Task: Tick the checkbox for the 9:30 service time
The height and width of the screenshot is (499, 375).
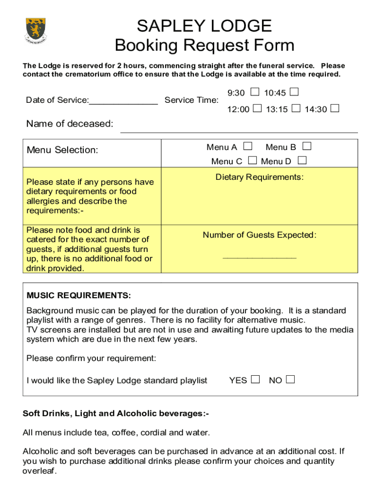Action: click(x=255, y=92)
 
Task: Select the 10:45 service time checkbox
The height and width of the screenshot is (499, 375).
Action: click(x=294, y=92)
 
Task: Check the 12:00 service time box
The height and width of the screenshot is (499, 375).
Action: click(x=257, y=108)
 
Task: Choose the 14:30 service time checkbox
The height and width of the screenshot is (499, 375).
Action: click(x=335, y=108)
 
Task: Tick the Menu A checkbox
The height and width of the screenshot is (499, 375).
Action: click(x=248, y=146)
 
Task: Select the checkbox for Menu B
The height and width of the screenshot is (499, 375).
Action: click(x=307, y=146)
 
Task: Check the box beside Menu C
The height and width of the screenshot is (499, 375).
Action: click(x=253, y=160)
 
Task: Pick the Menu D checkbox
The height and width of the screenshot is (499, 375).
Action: click(x=302, y=160)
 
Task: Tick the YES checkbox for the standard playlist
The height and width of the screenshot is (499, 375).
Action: click(x=255, y=379)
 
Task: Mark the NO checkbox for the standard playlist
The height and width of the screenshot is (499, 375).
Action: click(x=290, y=379)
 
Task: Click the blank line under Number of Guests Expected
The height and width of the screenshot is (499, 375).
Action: click(x=259, y=257)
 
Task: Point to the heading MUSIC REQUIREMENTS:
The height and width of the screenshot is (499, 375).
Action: click(x=78, y=295)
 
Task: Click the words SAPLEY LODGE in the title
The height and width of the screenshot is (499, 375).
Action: click(x=204, y=26)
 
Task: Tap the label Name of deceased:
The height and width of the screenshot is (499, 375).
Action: click(x=70, y=124)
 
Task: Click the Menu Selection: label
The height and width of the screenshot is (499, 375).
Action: click(x=62, y=150)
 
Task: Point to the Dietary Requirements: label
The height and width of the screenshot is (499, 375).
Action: click(x=260, y=177)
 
